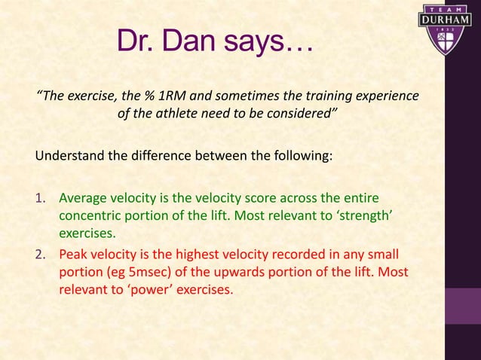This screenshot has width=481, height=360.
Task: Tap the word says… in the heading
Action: coord(269,43)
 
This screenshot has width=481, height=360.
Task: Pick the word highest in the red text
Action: coord(223,253)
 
